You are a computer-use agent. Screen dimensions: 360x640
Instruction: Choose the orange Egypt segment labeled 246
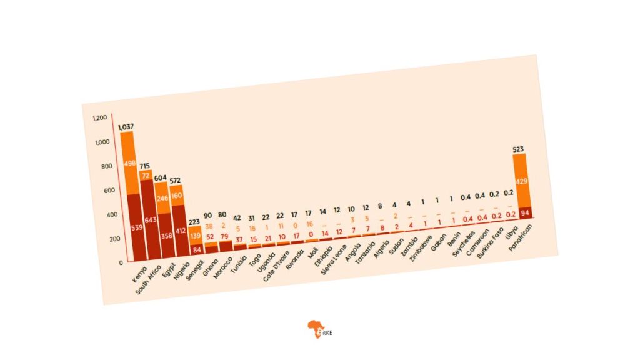pyautogui.click(x=164, y=198)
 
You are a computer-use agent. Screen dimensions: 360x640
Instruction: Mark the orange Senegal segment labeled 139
pyautogui.click(x=196, y=237)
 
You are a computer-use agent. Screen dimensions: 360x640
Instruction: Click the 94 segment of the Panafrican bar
pyautogui.click(x=525, y=214)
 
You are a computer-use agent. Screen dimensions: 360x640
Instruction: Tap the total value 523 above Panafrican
pyautogui.click(x=518, y=149)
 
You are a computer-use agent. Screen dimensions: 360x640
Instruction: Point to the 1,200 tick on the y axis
pyautogui.click(x=100, y=117)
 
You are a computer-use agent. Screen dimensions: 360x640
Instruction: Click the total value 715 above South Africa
pyautogui.click(x=145, y=166)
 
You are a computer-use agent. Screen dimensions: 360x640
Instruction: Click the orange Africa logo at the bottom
pyautogui.click(x=314, y=329)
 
